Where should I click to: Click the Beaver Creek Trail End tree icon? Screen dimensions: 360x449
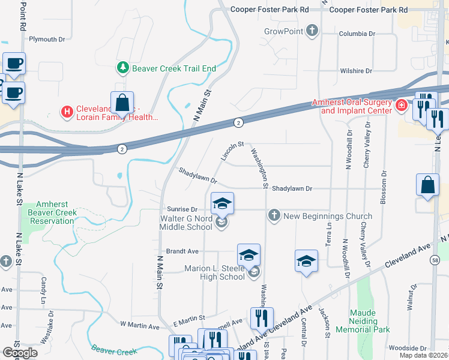[x=123, y=68]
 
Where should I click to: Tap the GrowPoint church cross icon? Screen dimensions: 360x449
[x=312, y=31]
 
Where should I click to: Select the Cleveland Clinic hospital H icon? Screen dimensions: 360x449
[x=67, y=111]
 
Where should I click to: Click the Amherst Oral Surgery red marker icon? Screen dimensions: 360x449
[x=401, y=106]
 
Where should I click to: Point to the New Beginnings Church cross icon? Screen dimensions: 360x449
[x=274, y=215]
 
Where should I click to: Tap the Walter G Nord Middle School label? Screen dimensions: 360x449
[x=186, y=223]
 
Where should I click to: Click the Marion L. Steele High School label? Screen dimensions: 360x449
[x=214, y=272]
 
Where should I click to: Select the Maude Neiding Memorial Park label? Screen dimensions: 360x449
[x=371, y=321]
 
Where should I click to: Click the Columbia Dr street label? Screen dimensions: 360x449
[x=357, y=34]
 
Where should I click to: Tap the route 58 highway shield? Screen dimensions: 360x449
[x=435, y=259]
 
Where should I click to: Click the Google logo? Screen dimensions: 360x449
[x=20, y=353]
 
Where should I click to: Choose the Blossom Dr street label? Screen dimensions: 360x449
[x=382, y=188]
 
